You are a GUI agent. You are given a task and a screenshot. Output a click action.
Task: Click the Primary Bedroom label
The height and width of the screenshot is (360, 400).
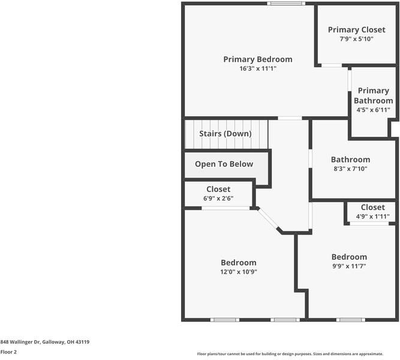click(x=258, y=59)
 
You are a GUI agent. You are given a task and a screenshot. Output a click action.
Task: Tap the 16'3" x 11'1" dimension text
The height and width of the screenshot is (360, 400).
click(x=258, y=68)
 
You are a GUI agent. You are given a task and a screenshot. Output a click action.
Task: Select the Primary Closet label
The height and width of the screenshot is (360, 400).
click(x=356, y=29)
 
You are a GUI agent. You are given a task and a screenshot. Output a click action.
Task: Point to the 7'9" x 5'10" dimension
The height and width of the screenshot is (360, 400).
click(x=356, y=39)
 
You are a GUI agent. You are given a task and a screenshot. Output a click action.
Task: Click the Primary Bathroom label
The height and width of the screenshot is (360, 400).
click(x=373, y=95)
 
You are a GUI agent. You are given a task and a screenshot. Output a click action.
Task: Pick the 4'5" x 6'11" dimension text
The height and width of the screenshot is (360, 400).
click(x=373, y=110)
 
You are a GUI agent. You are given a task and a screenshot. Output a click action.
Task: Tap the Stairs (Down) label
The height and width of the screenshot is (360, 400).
click(x=225, y=134)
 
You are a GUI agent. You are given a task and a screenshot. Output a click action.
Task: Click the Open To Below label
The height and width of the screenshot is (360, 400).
click(x=224, y=164)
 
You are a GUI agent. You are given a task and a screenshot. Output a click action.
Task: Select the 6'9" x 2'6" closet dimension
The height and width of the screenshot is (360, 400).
click(x=218, y=199)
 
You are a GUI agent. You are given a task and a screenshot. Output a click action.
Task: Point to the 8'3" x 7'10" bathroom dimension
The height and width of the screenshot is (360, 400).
click(x=350, y=169)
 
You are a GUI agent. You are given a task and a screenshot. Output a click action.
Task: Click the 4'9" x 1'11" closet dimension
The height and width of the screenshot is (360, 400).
click(x=372, y=217)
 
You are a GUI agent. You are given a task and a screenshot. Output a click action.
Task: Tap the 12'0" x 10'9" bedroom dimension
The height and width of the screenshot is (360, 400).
click(x=239, y=272)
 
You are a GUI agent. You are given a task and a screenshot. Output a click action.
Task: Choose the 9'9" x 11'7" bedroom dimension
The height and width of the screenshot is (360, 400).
click(x=349, y=266)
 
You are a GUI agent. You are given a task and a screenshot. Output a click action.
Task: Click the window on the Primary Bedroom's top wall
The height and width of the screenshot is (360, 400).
click(x=286, y=4)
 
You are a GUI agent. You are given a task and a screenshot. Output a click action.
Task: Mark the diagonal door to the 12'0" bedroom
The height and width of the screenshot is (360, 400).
click(x=269, y=218)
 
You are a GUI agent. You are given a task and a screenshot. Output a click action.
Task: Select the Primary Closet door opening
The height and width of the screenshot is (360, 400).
click(x=332, y=65)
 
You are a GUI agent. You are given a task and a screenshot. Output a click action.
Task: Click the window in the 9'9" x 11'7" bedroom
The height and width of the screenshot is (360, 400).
click(x=350, y=320)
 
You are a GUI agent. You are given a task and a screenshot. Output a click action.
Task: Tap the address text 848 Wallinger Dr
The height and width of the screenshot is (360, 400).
click(x=20, y=342)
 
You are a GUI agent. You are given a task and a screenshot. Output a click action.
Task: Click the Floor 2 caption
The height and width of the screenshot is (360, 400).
click(x=8, y=352)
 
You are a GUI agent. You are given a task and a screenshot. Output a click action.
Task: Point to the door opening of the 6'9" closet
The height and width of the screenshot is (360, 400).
click(x=225, y=208)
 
